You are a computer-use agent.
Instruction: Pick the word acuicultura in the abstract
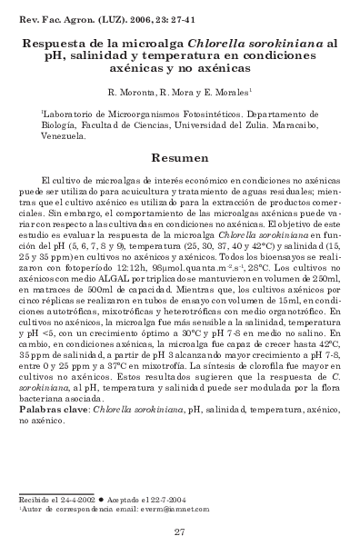tap(167, 194)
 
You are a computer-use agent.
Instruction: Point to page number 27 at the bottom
tap(179, 533)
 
